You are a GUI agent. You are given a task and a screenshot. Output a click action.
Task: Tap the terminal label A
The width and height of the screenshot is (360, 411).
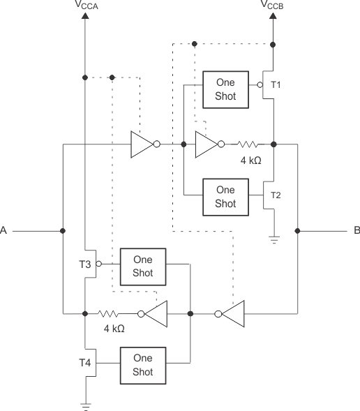point(4,230)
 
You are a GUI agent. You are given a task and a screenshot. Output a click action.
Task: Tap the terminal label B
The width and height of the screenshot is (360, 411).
point(356,230)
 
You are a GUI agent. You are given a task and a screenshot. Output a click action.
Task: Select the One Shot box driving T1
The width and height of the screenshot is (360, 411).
point(225,89)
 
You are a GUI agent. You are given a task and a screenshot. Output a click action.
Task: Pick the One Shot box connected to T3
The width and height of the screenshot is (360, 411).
point(142,266)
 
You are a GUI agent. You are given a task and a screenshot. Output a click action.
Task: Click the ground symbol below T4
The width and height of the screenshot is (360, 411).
point(86,405)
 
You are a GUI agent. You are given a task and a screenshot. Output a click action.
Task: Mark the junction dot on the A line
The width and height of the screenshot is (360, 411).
point(63,230)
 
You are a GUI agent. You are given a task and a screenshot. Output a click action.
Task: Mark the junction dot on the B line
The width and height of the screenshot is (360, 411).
point(298,230)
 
